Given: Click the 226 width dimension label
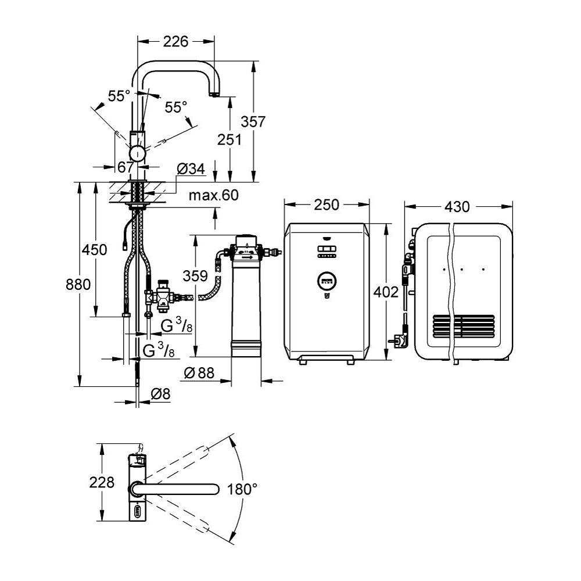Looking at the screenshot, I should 176,41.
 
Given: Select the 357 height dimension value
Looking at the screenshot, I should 254,122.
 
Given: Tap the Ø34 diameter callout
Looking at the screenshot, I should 191,168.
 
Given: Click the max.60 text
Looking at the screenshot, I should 213,196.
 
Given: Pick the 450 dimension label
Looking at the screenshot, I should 95,250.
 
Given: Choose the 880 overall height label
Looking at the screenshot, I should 78,285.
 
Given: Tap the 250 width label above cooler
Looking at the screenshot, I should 326,205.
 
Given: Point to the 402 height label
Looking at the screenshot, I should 386,293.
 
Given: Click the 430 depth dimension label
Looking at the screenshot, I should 459,206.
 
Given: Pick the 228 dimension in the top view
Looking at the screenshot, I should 102,483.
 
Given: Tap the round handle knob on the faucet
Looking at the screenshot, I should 138,153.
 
